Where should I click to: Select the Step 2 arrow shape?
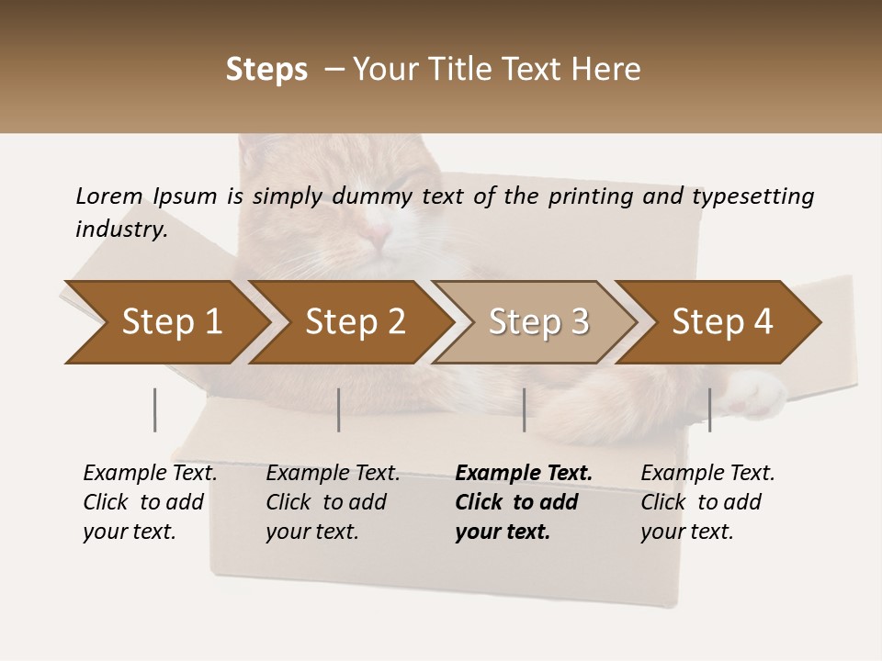click(x=354, y=322)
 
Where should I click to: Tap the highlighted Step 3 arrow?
click(x=537, y=322)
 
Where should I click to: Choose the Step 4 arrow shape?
click(x=721, y=322)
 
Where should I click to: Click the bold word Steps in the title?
click(x=266, y=70)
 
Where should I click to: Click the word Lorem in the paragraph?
click(x=108, y=196)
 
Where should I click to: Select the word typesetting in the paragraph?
click(x=752, y=196)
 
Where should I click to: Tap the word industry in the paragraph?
click(x=121, y=229)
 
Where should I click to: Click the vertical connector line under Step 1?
click(x=155, y=409)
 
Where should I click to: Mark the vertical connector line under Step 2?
click(x=339, y=409)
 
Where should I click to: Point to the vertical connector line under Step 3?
click(x=525, y=409)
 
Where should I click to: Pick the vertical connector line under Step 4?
click(x=710, y=409)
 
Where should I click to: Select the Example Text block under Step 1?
click(x=149, y=502)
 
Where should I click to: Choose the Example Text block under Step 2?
click(x=332, y=502)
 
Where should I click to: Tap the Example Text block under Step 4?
click(x=707, y=502)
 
